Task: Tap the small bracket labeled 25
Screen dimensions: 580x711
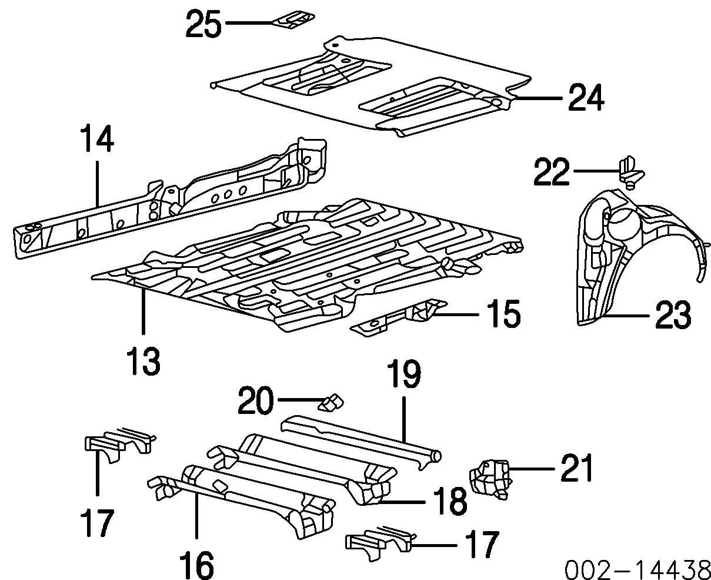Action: [x=292, y=21]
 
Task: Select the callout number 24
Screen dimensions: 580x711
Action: [x=585, y=98]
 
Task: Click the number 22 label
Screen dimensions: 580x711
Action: [x=552, y=172]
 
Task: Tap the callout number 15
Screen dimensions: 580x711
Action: [x=503, y=314]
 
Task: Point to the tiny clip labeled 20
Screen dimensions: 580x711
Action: [x=331, y=402]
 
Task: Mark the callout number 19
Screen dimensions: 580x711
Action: [x=403, y=376]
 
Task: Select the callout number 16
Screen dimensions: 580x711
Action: [x=196, y=565]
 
